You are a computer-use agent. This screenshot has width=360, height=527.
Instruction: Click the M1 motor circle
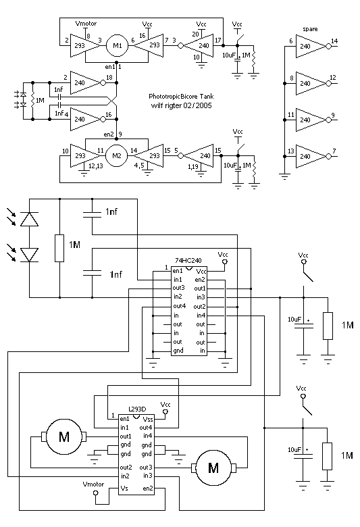[x=118, y=46]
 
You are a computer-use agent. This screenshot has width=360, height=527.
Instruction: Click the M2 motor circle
[x=117, y=155]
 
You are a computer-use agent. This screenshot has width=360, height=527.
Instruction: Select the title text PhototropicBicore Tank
[x=181, y=97]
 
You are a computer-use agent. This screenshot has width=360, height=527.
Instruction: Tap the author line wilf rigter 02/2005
[x=182, y=105]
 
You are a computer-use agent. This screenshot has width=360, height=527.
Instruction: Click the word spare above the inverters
[x=310, y=29]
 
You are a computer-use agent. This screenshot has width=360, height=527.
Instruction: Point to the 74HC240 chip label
[x=188, y=261]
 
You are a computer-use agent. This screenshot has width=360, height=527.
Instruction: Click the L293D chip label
[x=138, y=409]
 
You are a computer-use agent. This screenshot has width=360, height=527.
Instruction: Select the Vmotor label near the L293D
[x=93, y=484]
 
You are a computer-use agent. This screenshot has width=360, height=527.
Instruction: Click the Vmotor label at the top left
[x=86, y=24]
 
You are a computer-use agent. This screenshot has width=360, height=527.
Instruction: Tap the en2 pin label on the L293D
[x=148, y=488]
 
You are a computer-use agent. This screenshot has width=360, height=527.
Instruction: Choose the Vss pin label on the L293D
[x=148, y=419]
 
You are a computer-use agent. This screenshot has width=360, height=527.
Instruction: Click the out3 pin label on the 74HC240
[x=179, y=288]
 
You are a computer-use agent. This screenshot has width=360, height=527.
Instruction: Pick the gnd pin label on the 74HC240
[x=178, y=351]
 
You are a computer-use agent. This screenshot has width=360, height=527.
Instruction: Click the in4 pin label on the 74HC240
[x=201, y=316]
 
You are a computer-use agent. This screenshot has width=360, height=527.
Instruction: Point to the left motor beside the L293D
[x=64, y=436]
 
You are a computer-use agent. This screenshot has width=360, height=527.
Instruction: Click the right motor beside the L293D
[x=213, y=468]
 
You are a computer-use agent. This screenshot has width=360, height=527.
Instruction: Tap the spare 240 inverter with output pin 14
[x=311, y=47]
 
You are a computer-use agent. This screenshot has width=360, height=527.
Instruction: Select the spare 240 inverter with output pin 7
[x=311, y=156]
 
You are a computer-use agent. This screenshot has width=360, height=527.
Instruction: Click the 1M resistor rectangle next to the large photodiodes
[x=59, y=248]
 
